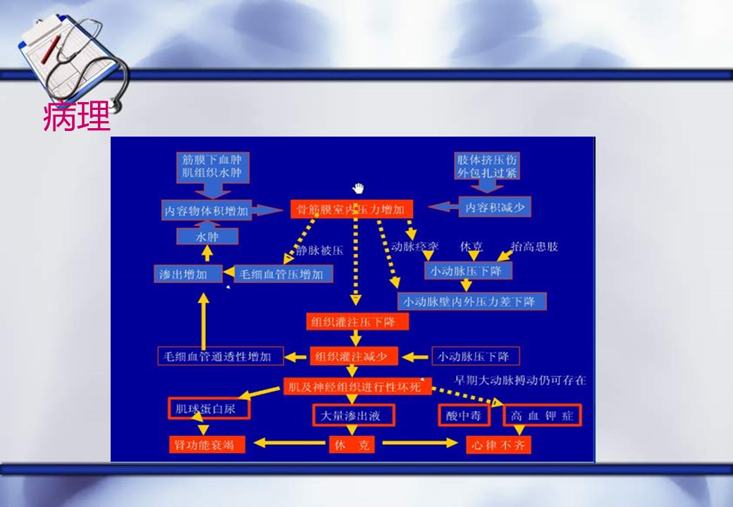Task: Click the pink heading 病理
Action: pyautogui.click(x=77, y=118)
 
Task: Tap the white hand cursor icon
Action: pyautogui.click(x=359, y=188)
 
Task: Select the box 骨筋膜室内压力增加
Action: pyautogui.click(x=351, y=209)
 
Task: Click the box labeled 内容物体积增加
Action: pyautogui.click(x=207, y=211)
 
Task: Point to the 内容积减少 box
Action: pyautogui.click(x=495, y=207)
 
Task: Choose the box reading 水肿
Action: pyautogui.click(x=207, y=237)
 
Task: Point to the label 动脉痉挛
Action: pyautogui.click(x=415, y=246)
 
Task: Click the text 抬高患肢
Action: pyautogui.click(x=534, y=246)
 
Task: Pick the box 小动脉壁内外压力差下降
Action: pyautogui.click(x=472, y=301)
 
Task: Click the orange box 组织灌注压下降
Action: pyautogui.click(x=357, y=322)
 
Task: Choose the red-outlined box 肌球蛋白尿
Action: pyautogui.click(x=209, y=408)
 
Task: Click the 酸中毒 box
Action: pyautogui.click(x=463, y=415)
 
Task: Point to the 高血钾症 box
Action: pyautogui.click(x=542, y=415)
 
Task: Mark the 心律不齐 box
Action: pyautogui.click(x=499, y=445)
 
